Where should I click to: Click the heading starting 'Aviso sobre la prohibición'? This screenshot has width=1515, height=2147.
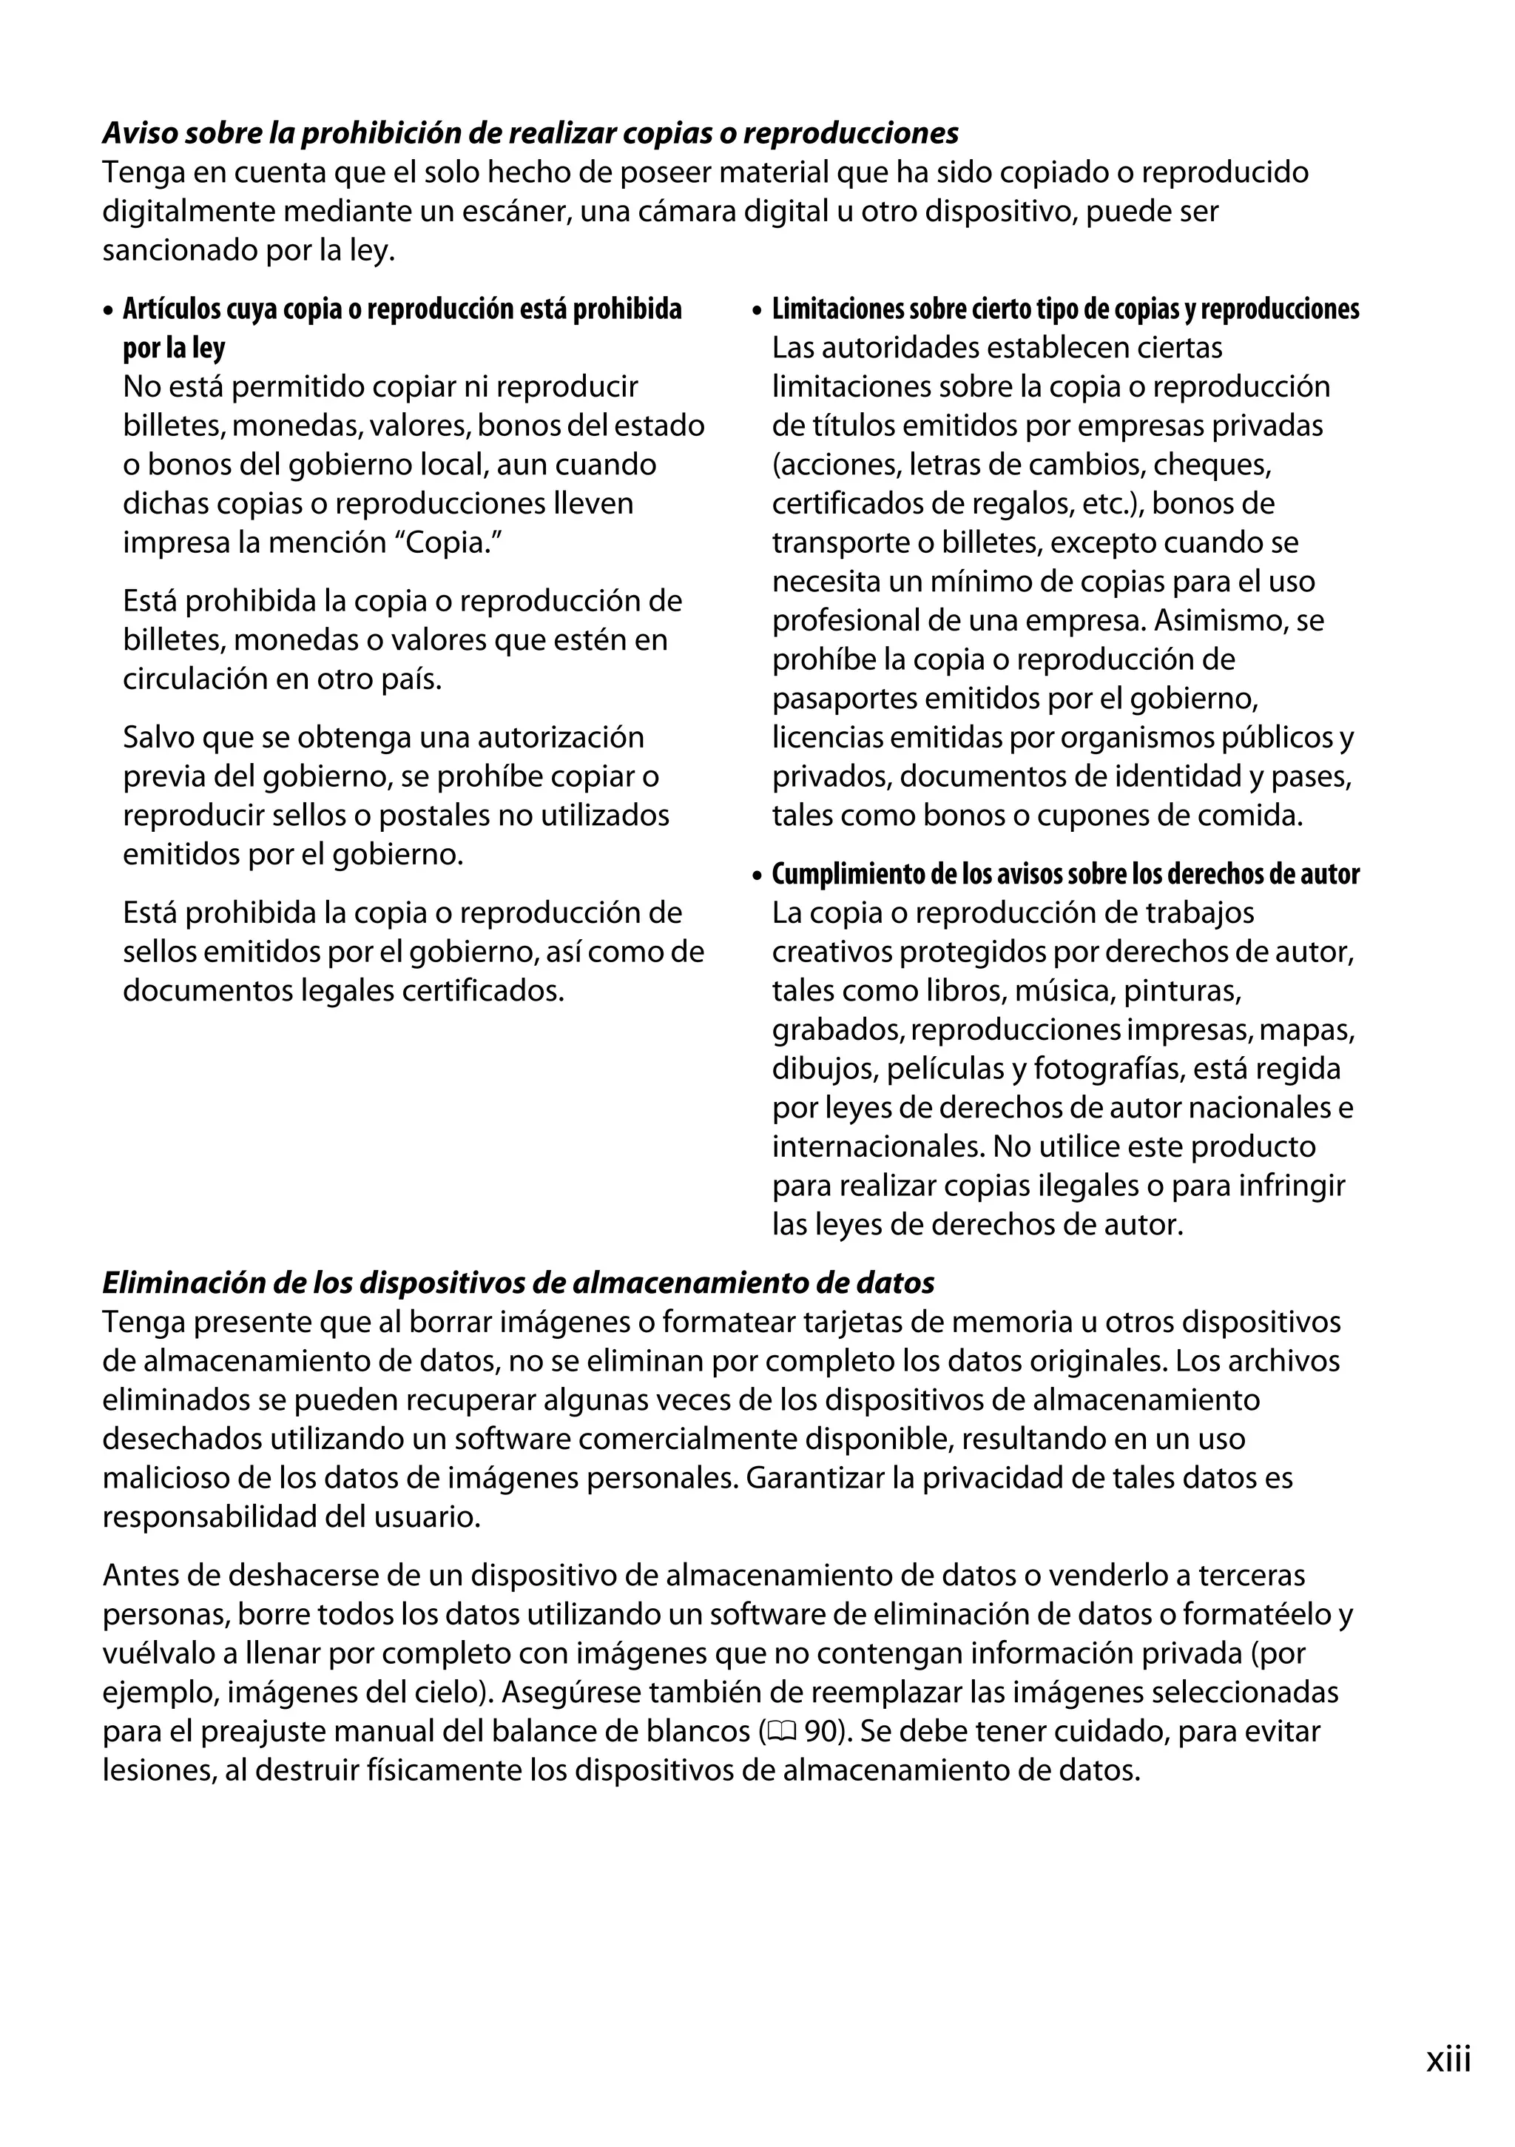coord(530,134)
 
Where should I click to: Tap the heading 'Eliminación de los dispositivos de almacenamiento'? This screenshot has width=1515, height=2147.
coord(518,1283)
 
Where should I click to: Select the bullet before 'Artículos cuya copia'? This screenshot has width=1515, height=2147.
coord(109,310)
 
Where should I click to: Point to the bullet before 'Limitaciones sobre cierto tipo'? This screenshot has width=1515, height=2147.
coord(758,310)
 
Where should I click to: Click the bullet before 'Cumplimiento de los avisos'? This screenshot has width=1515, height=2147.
coord(758,876)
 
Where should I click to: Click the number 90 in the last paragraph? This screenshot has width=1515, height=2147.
coord(822,1732)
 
